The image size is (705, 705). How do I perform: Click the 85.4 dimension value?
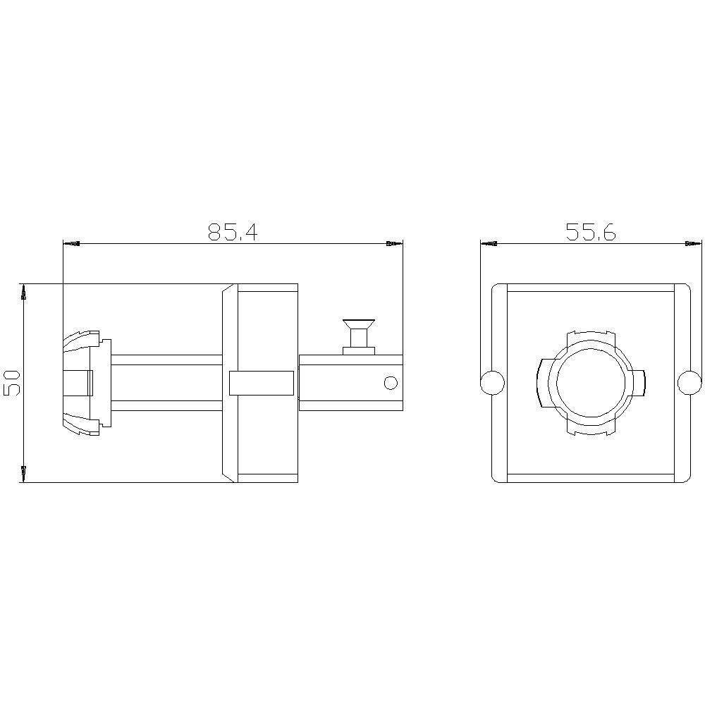[233, 232]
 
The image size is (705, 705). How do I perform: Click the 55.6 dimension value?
[591, 232]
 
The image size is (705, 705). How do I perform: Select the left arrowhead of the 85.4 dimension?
[71, 244]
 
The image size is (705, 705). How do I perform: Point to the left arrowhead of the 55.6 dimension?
[489, 244]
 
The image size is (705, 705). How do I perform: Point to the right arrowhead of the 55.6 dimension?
[694, 244]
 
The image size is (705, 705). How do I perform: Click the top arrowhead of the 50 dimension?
[25, 292]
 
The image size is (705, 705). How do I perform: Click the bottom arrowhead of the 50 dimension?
[25, 474]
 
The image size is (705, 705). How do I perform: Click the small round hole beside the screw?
[390, 383]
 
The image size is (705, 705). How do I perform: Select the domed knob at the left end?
[79, 383]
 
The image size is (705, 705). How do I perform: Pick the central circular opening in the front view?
[591, 383]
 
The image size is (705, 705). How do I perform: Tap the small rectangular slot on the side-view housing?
[262, 383]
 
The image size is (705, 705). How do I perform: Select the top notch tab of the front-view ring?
[591, 332]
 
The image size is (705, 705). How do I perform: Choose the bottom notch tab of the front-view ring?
[591, 432]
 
